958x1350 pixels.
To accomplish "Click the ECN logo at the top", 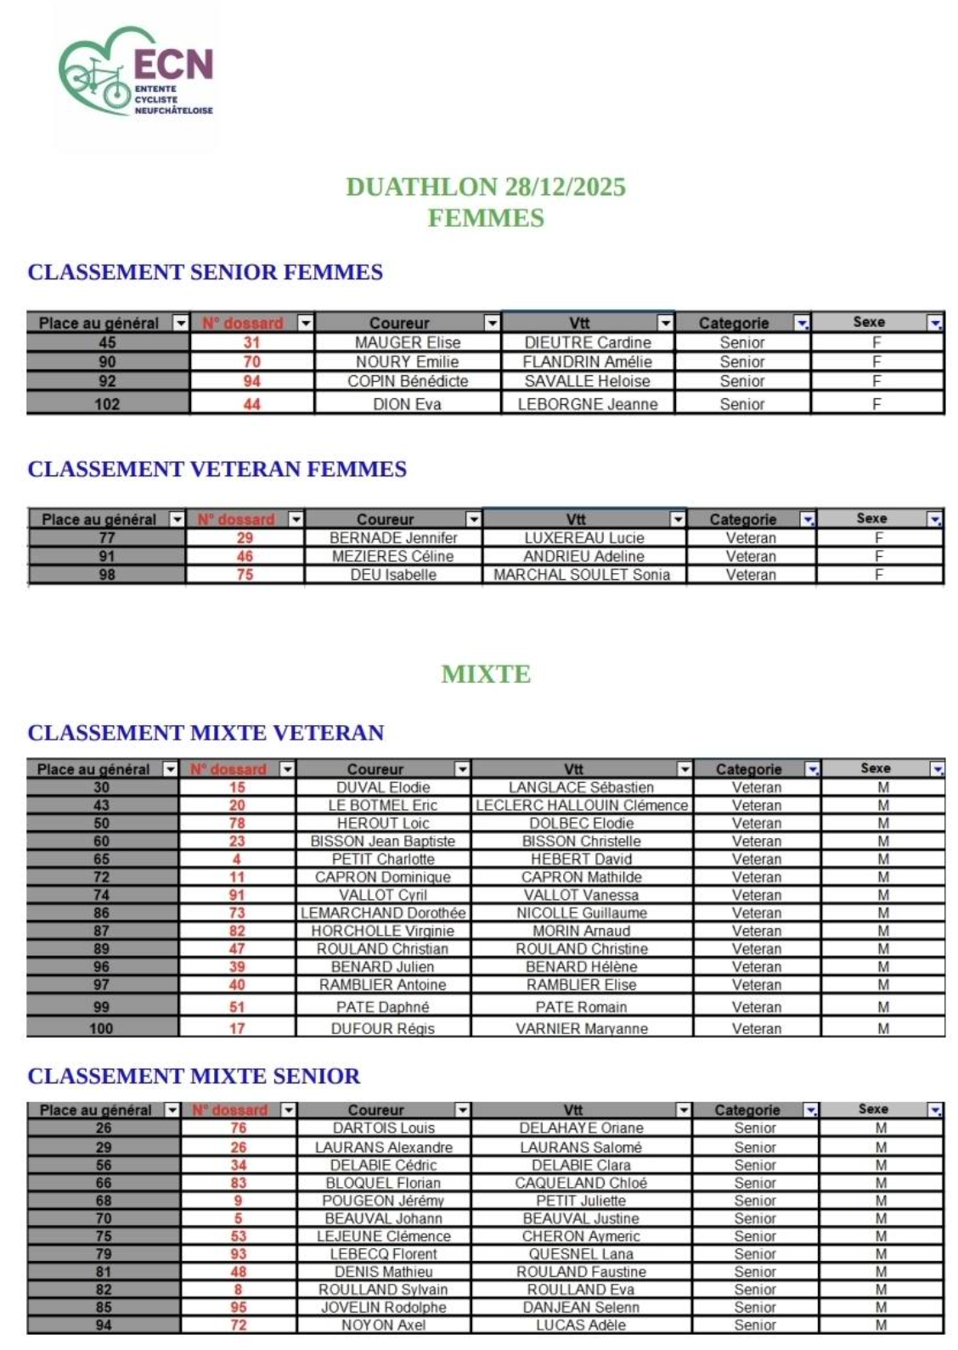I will pyautogui.click(x=136, y=76).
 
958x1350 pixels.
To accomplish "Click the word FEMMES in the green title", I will pyautogui.click(x=486, y=218).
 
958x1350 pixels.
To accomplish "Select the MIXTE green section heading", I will pyautogui.click(x=486, y=674).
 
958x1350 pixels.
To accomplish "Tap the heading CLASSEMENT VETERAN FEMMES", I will pyautogui.click(x=217, y=470).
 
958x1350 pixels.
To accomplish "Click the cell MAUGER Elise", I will pyautogui.click(x=408, y=343).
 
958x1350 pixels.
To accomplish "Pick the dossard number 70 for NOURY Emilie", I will pyautogui.click(x=252, y=362).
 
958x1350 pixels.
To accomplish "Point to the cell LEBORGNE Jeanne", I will pyautogui.click(x=588, y=404).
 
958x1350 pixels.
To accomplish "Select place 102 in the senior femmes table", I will pyautogui.click(x=107, y=404).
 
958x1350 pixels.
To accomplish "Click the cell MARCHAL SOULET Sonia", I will pyautogui.click(x=582, y=575).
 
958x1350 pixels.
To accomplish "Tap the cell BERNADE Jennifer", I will pyautogui.click(x=393, y=538).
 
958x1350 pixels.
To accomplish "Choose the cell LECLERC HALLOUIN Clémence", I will pyautogui.click(x=582, y=806).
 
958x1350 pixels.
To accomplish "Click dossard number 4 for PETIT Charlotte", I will pyautogui.click(x=237, y=859).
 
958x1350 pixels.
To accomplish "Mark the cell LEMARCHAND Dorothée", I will pyautogui.click(x=383, y=914).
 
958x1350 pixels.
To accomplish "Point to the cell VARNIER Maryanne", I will pyautogui.click(x=582, y=1029).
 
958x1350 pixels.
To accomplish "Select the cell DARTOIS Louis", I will pyautogui.click(x=384, y=1128).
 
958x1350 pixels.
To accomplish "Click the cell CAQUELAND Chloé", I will pyautogui.click(x=581, y=1183).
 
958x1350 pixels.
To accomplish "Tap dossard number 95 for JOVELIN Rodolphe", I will pyautogui.click(x=239, y=1308).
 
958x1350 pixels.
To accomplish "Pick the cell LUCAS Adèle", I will pyautogui.click(x=581, y=1325).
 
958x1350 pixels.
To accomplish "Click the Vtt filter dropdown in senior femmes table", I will pyautogui.click(x=665, y=323).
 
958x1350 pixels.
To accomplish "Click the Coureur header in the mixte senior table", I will pyautogui.click(x=376, y=1110).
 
